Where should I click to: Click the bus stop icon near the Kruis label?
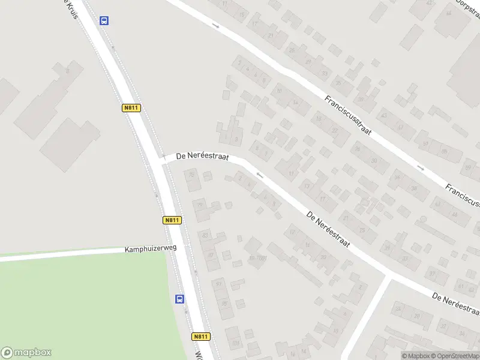(x=104, y=20)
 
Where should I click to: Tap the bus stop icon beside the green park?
(x=179, y=299)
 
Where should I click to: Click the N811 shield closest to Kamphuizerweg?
(x=171, y=220)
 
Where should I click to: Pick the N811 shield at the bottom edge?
(x=201, y=337)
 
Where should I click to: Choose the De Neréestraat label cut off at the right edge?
(x=456, y=304)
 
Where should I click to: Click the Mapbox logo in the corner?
(x=26, y=353)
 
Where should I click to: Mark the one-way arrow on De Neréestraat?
(x=259, y=175)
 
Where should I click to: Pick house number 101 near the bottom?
(x=236, y=343)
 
